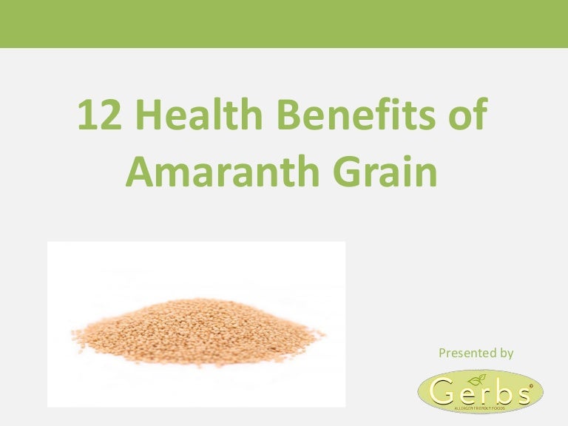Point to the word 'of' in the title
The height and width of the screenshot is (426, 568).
(x=466, y=118)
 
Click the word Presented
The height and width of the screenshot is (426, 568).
(x=467, y=354)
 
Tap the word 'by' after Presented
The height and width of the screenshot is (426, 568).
(x=506, y=354)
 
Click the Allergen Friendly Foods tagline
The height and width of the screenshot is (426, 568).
(x=480, y=408)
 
